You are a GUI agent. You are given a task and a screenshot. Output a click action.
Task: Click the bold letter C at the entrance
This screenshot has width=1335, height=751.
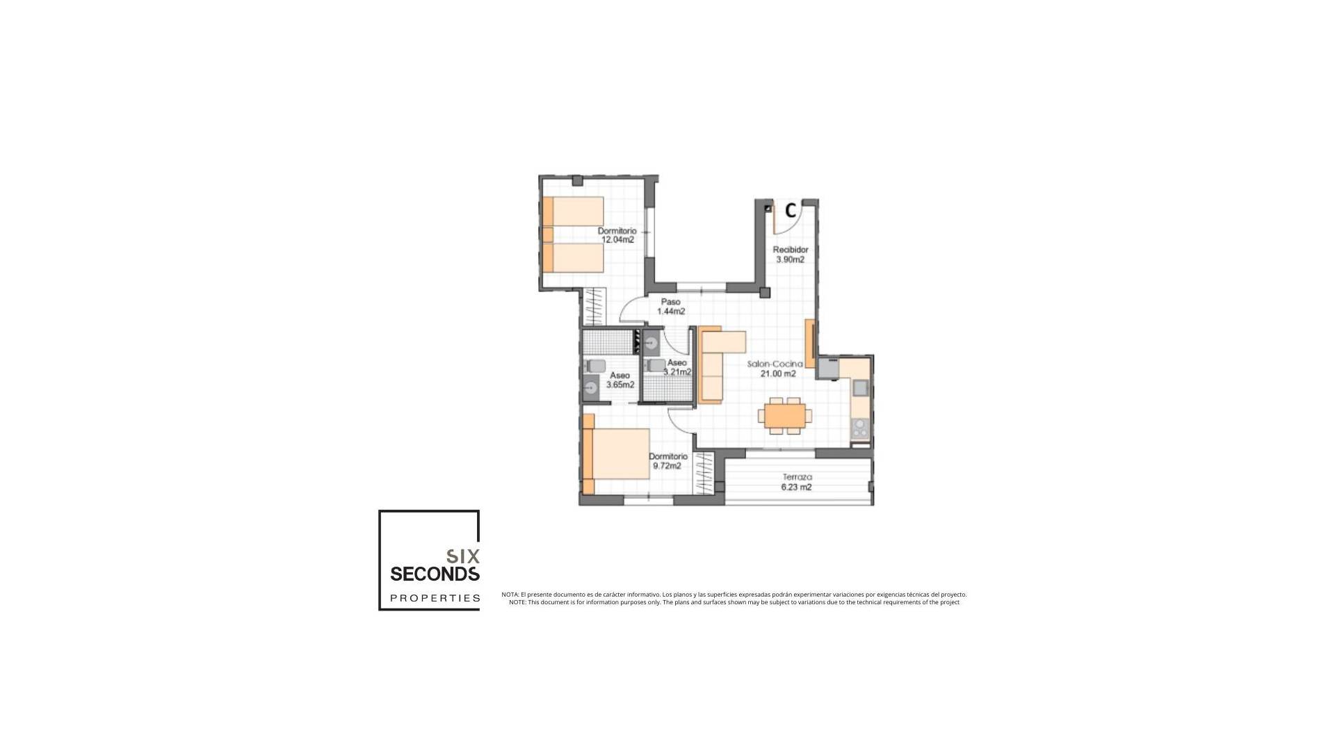click(x=791, y=210)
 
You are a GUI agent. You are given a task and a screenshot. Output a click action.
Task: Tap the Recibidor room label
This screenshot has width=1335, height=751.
click(x=791, y=250)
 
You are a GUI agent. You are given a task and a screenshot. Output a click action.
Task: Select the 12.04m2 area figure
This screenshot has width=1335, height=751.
click(x=617, y=240)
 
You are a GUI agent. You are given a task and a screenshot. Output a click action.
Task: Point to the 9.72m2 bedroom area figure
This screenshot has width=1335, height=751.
click(x=667, y=466)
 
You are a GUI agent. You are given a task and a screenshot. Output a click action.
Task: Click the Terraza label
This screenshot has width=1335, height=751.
click(x=797, y=478)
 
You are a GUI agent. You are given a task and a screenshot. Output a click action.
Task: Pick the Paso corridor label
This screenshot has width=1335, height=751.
click(x=670, y=302)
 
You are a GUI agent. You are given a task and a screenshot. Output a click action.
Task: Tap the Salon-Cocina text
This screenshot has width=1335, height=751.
click(x=775, y=364)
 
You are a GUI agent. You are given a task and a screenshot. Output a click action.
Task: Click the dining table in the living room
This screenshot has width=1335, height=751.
click(x=785, y=415)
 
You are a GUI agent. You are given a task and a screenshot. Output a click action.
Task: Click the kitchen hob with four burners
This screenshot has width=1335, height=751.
click(x=860, y=428)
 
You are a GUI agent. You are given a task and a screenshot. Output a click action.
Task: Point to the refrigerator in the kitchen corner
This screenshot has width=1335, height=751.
click(x=828, y=368)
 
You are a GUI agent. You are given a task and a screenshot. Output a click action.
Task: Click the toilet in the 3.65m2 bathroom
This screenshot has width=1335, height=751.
click(x=595, y=366)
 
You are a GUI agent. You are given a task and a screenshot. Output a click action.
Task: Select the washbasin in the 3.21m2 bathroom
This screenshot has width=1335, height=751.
click(x=652, y=342)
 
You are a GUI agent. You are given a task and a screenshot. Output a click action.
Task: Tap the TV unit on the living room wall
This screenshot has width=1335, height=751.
click(x=809, y=344)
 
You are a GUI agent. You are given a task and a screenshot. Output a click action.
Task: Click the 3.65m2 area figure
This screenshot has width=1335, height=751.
click(x=620, y=385)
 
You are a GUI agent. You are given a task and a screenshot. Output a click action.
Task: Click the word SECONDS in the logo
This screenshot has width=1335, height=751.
click(x=435, y=574)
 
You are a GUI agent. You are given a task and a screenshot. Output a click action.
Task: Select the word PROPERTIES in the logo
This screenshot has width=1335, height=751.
click(x=435, y=598)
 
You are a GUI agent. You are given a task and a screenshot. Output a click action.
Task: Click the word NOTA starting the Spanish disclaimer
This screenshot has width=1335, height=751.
click(x=510, y=595)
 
